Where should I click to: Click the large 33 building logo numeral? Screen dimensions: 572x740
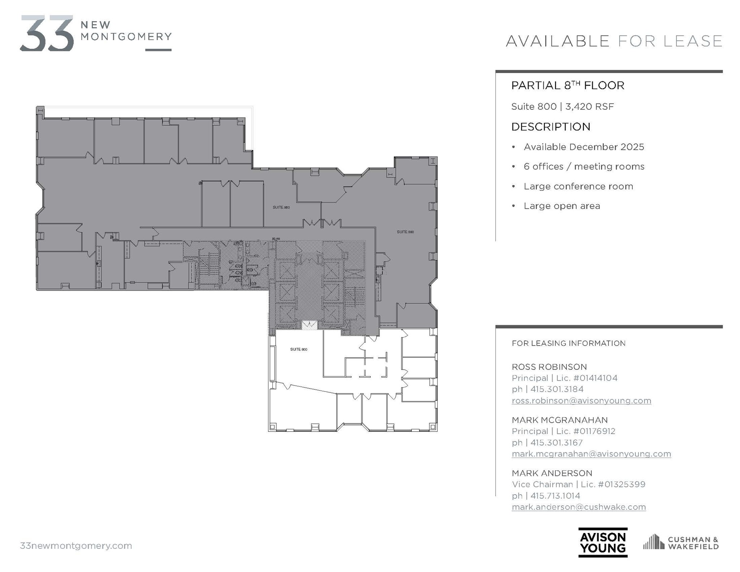point(47,33)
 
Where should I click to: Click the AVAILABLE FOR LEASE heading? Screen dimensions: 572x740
point(614,41)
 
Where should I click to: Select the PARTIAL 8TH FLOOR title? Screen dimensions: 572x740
point(568,86)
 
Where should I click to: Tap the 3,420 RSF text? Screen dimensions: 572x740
point(590,107)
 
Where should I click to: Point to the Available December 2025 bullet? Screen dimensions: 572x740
point(584,147)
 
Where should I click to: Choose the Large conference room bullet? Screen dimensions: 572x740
point(578,186)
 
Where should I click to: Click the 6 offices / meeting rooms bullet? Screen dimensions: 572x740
point(584,167)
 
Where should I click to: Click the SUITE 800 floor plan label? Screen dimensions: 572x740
point(298,349)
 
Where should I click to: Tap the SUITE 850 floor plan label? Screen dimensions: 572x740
point(281,207)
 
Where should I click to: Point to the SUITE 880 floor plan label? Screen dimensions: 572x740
point(405,232)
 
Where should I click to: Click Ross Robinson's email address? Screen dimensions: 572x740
point(581,401)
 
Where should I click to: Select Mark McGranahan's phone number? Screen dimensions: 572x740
point(557,443)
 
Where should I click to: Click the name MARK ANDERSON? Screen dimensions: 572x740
point(552,473)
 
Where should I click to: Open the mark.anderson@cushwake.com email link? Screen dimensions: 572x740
point(578,507)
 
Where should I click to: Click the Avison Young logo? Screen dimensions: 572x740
point(603,542)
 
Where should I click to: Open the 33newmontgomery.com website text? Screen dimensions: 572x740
point(76,546)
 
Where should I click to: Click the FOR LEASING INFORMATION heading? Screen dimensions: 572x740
point(568,343)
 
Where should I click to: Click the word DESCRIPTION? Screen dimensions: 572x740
point(551,127)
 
